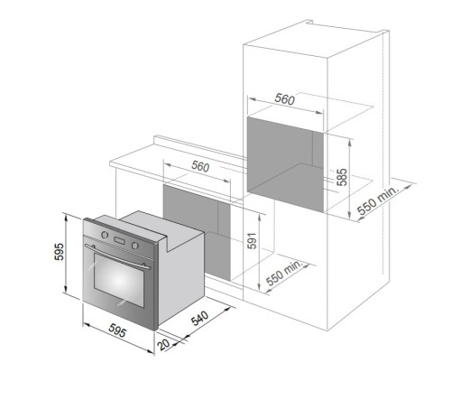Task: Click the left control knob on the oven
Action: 105,234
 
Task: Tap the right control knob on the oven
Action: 135,246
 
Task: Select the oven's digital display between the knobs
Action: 119,240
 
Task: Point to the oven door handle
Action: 117,256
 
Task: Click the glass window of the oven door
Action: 119,280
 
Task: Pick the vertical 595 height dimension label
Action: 60,251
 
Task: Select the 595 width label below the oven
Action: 117,330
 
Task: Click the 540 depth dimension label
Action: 200,318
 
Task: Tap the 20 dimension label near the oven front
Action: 164,344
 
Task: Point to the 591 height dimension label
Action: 252,241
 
